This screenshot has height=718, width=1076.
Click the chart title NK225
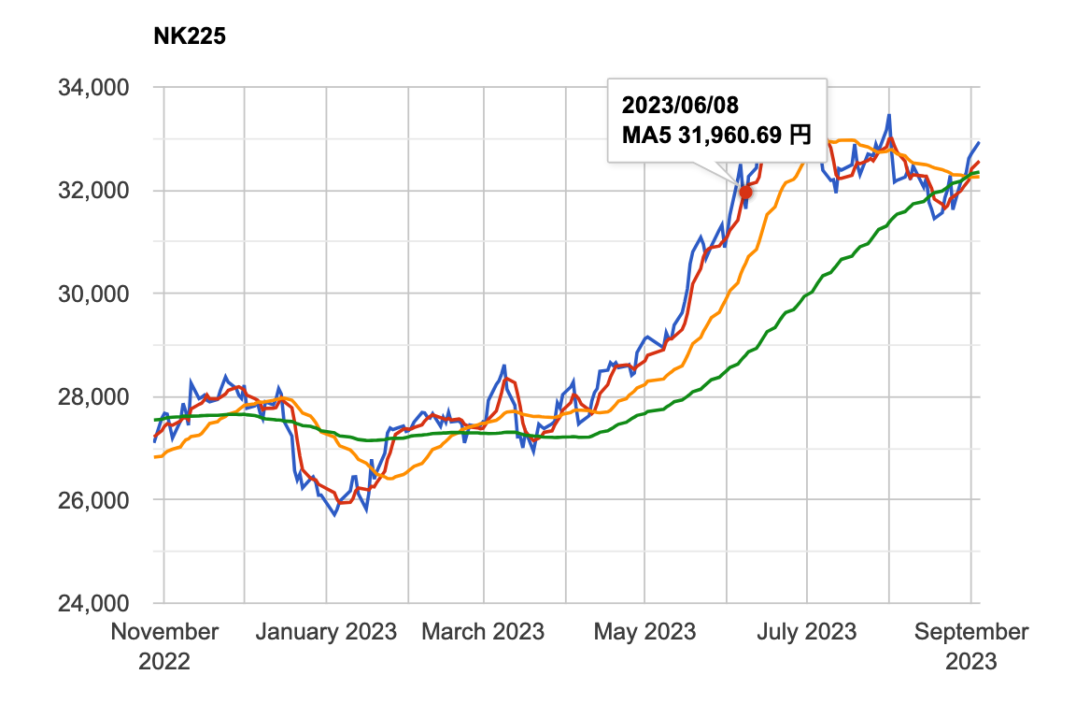click(190, 37)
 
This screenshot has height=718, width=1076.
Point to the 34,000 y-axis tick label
click(92, 88)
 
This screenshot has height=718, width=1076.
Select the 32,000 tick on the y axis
click(92, 191)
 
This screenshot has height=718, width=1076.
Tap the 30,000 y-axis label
click(92, 294)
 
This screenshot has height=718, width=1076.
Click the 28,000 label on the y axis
click(92, 397)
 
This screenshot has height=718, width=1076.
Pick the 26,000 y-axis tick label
click(92, 500)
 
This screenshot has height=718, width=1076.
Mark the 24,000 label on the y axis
click(92, 603)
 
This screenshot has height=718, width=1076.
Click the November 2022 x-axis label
click(164, 646)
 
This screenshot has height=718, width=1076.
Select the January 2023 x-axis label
click(326, 632)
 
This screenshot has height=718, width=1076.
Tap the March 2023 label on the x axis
click(483, 632)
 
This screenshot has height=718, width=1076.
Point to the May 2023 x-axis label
click(644, 632)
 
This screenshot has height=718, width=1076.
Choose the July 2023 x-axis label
click(805, 632)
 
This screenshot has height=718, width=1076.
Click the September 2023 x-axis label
click(971, 646)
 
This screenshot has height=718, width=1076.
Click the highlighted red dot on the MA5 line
click(745, 192)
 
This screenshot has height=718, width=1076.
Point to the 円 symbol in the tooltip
click(800, 136)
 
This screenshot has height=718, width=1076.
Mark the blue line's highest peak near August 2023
click(889, 115)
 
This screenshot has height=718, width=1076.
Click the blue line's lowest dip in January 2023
click(335, 514)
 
